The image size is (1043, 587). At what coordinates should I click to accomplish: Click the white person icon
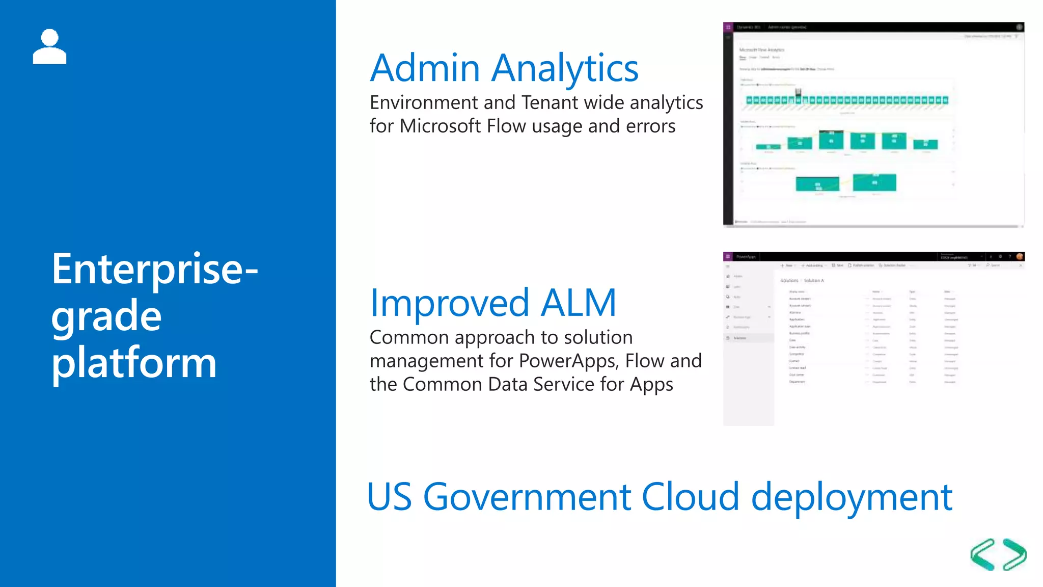[49, 47]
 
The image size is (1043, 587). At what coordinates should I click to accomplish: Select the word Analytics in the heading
[565, 69]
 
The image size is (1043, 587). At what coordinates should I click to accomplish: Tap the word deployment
[852, 498]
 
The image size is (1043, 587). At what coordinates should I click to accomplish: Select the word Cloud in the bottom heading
[690, 497]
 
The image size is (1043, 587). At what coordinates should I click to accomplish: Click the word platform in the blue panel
[134, 363]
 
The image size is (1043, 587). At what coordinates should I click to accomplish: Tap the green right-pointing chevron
[1014, 554]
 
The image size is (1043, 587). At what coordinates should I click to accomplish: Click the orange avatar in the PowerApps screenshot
[1020, 256]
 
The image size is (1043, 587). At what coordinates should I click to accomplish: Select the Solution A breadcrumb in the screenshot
[814, 281]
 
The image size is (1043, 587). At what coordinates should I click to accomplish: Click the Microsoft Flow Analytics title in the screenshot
[762, 50]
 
